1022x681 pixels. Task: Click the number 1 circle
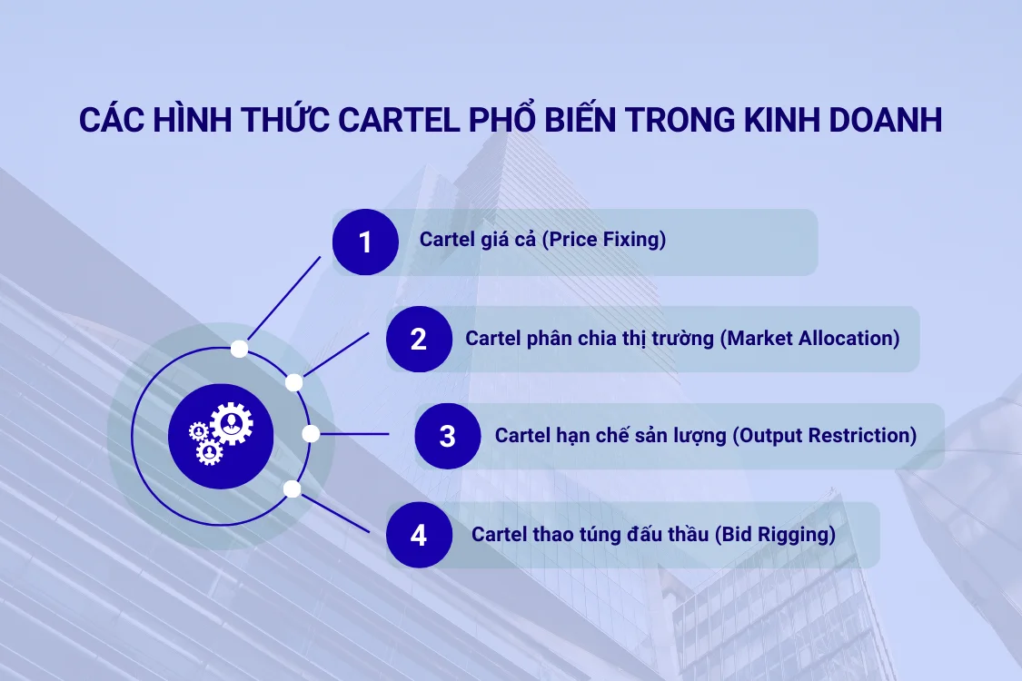pyautogui.click(x=365, y=242)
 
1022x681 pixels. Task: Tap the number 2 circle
pyautogui.click(x=419, y=340)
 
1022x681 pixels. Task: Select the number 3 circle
pyautogui.click(x=448, y=436)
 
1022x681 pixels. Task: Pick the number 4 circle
pyautogui.click(x=419, y=535)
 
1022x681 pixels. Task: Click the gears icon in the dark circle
pyautogui.click(x=221, y=436)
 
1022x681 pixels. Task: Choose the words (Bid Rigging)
pyautogui.click(x=774, y=535)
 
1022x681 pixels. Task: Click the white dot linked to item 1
pyautogui.click(x=239, y=348)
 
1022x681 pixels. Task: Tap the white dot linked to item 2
pyautogui.click(x=293, y=382)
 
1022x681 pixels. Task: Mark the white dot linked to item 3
pyautogui.click(x=311, y=434)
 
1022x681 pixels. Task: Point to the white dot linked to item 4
pyautogui.click(x=292, y=489)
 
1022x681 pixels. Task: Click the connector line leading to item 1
pyautogui.click(x=282, y=300)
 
